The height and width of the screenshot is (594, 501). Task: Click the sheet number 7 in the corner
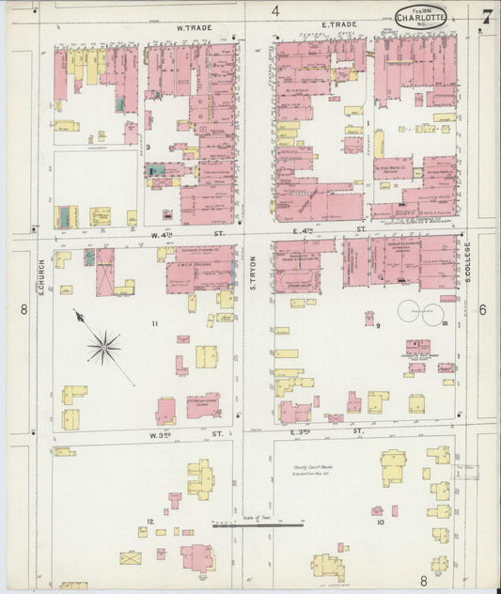coord(486,16)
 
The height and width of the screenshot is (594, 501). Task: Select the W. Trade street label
coord(192,28)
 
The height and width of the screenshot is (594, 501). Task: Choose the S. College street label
coord(467,262)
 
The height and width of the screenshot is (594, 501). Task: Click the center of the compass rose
coord(103,347)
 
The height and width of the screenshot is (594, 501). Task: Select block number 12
coord(149,521)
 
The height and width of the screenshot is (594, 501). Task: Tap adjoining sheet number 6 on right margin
coord(482,310)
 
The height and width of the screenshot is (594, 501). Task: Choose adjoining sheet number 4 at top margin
coord(275,10)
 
